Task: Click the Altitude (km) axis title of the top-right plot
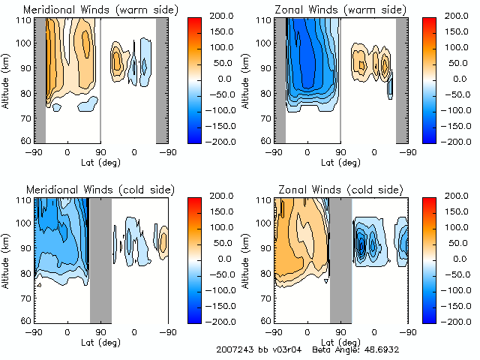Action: (x=248, y=79)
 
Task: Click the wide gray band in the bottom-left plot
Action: (x=100, y=259)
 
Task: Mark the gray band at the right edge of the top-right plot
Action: (x=402, y=79)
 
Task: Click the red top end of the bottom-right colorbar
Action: (x=430, y=202)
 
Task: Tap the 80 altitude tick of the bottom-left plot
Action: (x=25, y=272)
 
